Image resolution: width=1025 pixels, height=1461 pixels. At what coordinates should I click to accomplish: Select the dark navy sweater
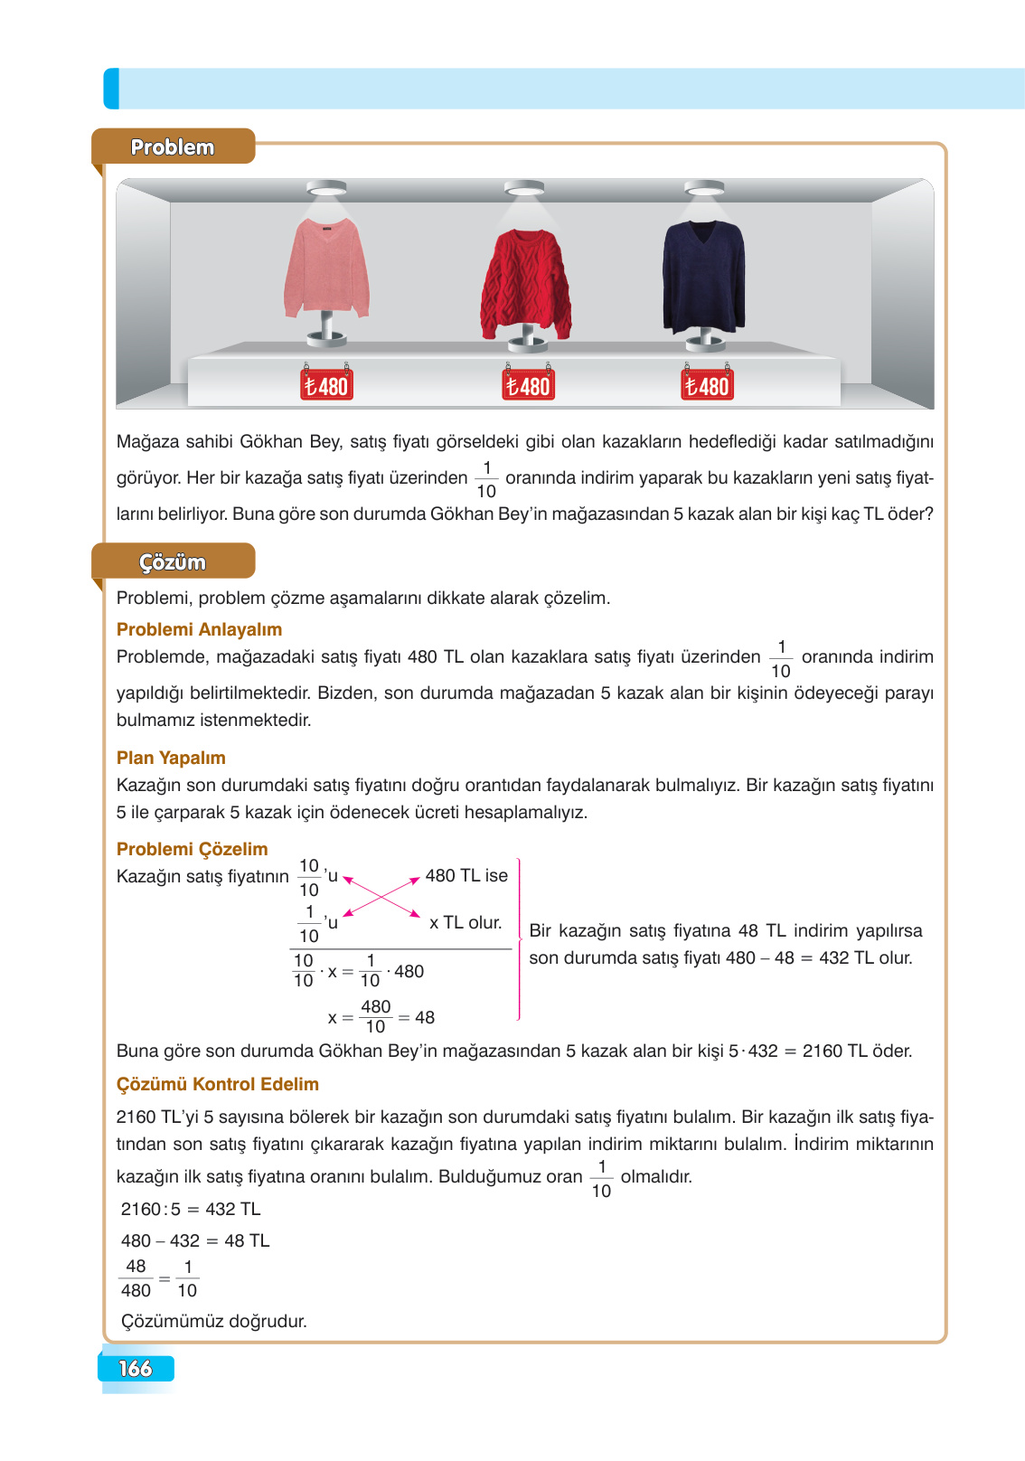tap(703, 276)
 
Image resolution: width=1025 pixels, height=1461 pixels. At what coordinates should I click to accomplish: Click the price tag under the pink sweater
tap(326, 385)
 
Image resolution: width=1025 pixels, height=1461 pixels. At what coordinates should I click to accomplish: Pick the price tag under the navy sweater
tap(707, 385)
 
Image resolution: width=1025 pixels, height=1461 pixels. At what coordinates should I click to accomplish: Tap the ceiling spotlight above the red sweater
tap(523, 188)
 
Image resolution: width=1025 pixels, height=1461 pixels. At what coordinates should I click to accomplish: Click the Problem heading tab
tap(173, 146)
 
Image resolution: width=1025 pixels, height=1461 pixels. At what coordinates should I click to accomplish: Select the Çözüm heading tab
tap(173, 561)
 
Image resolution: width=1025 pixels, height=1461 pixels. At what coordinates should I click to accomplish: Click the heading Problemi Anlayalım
tap(199, 629)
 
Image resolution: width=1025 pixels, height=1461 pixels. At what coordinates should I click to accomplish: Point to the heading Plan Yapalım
tap(171, 758)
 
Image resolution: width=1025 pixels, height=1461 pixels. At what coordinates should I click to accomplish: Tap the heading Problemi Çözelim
tap(192, 849)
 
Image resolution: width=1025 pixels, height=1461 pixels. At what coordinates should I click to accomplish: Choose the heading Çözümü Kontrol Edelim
tap(217, 1084)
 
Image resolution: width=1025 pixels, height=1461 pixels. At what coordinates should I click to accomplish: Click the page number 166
tap(136, 1368)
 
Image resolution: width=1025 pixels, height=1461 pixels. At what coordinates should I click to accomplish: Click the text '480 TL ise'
tap(466, 875)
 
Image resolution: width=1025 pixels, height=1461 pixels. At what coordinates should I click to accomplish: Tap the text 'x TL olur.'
tap(465, 922)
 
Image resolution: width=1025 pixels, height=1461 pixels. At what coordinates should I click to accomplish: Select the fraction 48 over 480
tap(136, 1278)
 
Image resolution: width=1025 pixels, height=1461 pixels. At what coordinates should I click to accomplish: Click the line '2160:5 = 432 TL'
tap(191, 1209)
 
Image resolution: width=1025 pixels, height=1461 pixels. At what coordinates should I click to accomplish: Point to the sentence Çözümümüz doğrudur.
tap(213, 1321)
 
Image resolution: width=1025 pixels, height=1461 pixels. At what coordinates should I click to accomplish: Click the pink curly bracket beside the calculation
tap(519, 940)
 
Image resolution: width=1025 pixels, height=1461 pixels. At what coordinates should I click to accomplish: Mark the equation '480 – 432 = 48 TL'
tap(195, 1240)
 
